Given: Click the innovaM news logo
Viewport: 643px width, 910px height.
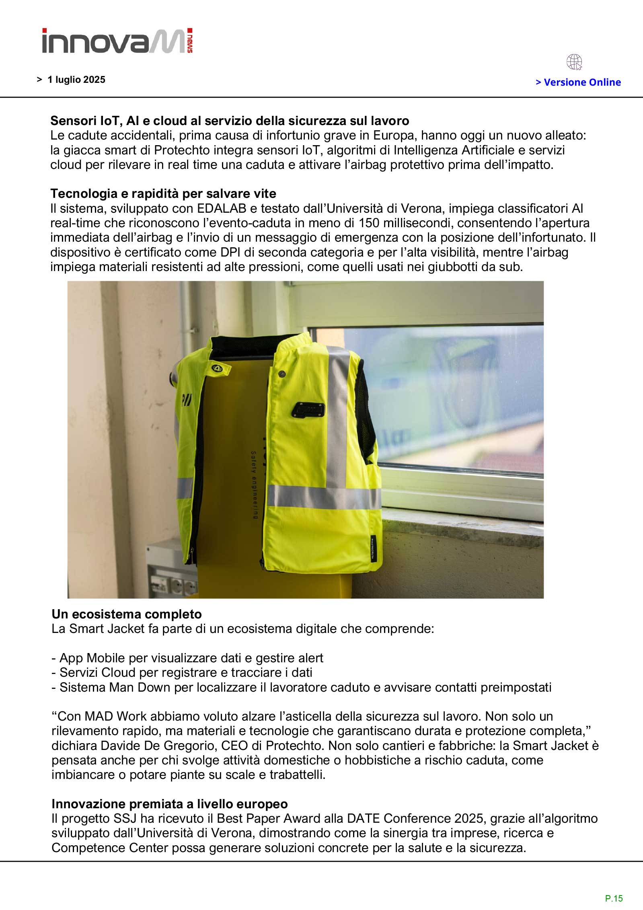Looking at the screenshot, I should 117,41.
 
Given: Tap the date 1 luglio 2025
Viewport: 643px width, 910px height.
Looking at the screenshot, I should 76,80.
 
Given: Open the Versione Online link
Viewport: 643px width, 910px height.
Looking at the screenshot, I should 578,82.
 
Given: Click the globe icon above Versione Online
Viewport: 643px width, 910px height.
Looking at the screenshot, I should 574,63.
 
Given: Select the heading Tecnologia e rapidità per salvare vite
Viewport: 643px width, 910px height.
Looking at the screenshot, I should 163,194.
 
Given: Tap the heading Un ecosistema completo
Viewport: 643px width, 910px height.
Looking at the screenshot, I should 126,614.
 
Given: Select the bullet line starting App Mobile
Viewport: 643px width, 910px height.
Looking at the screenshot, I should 187,658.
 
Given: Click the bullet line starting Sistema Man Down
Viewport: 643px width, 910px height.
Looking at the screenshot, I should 301,687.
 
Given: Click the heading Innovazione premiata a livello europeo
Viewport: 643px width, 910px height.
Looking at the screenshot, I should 169,804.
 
